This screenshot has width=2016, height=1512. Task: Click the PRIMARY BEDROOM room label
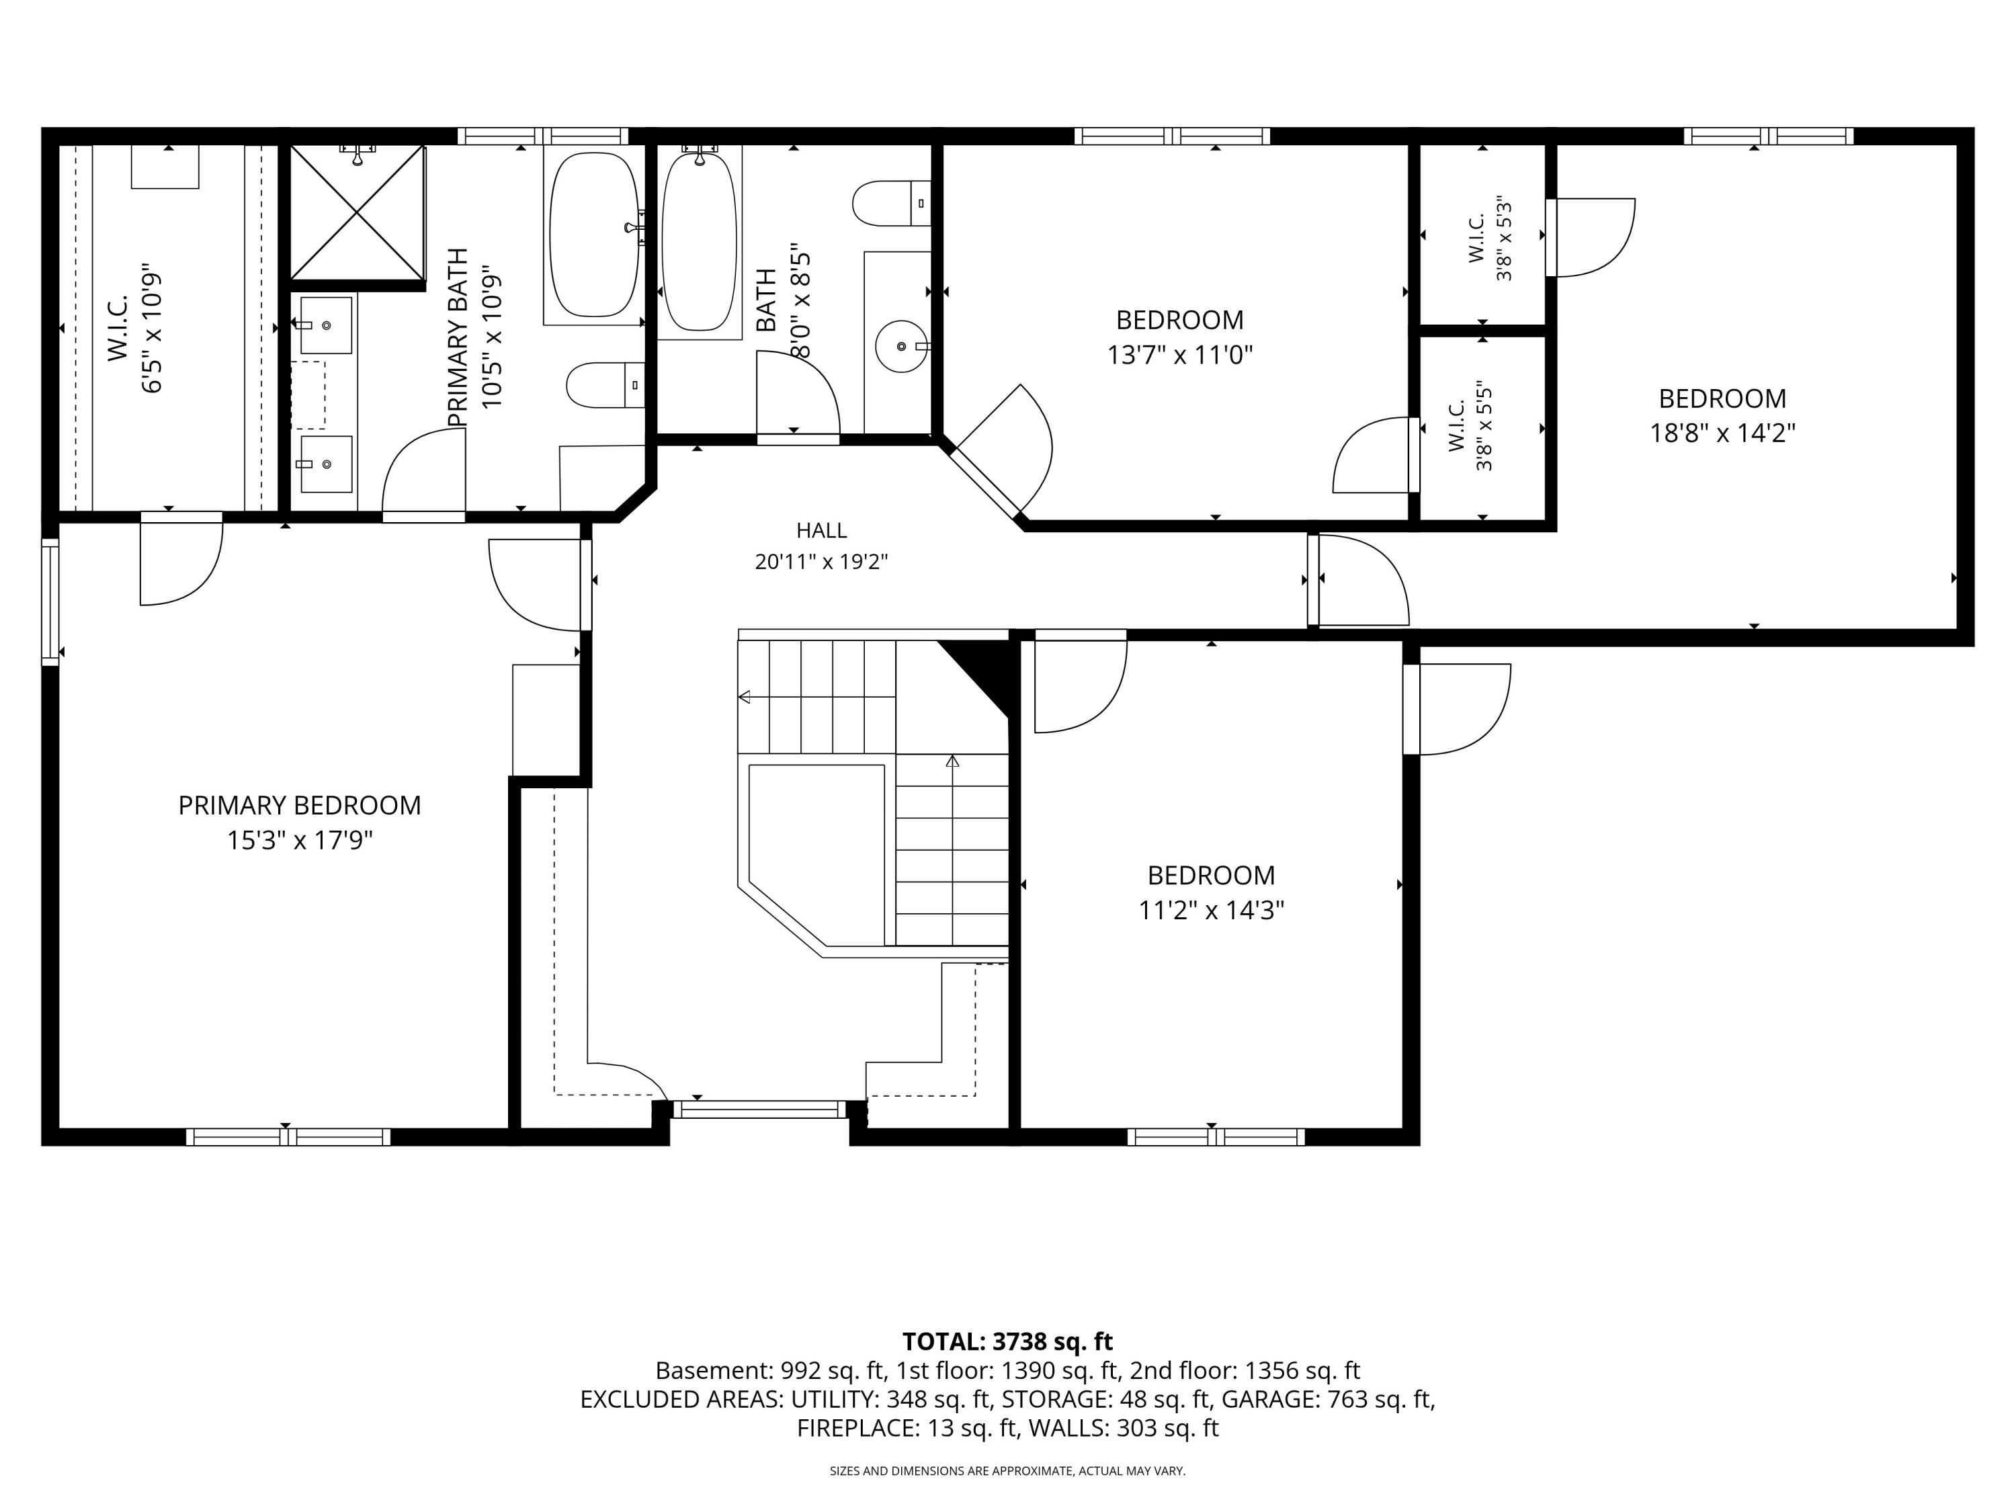299,806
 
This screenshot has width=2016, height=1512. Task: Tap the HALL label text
821,530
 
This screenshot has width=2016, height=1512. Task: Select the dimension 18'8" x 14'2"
1722,433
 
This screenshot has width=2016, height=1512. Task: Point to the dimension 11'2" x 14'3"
1211,910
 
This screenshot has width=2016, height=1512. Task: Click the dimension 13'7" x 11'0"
1180,355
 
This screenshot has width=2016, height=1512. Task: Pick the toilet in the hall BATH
891,203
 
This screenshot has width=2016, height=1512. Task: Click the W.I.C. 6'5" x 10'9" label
135,333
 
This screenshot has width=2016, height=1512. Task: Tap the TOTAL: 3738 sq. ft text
1007,1341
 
